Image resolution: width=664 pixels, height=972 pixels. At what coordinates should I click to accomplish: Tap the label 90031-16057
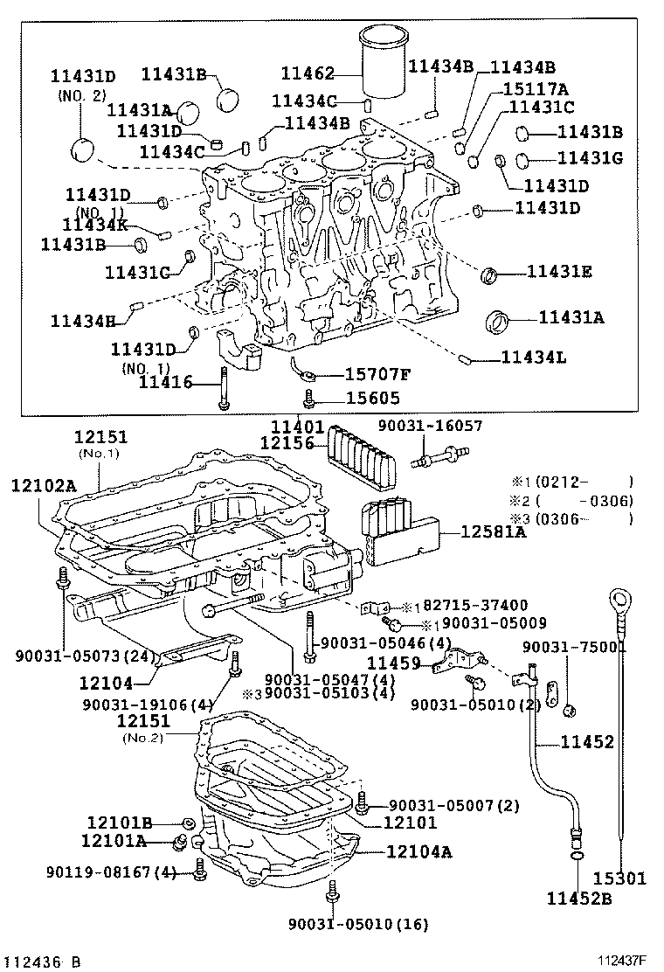tap(429, 426)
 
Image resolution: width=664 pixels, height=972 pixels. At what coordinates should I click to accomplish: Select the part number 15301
tap(620, 878)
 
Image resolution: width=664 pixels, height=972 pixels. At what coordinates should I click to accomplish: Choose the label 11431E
tap(559, 272)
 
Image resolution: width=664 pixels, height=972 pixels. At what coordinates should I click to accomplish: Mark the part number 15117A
tap(535, 88)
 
